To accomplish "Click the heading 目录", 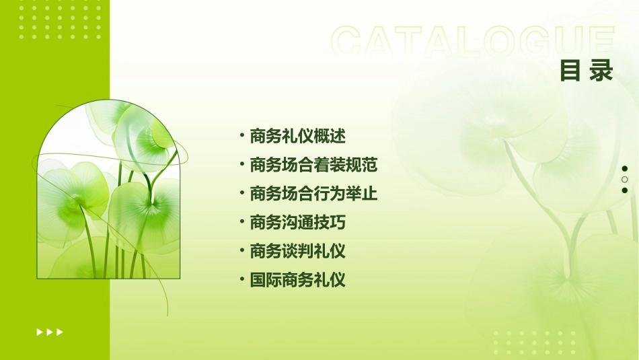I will (x=586, y=71).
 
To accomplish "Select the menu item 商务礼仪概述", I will (x=297, y=136).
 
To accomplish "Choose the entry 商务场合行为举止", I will (x=313, y=194).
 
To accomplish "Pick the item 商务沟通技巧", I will (x=297, y=222).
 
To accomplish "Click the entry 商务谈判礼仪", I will (x=297, y=251).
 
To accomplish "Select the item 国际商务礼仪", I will (x=297, y=280).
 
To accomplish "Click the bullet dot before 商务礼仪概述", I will (x=241, y=136).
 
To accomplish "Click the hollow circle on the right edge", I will (x=624, y=180).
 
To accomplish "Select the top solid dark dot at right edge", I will (x=624, y=169).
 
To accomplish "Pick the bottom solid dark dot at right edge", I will (x=624, y=190).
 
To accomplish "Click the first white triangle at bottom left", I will (x=40, y=332).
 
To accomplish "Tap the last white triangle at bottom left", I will (x=60, y=332).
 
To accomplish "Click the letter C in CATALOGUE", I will (x=348, y=42).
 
